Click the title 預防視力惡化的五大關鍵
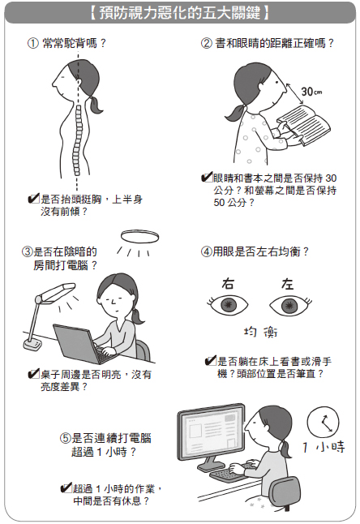tap(180, 14)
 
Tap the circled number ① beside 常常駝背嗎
tap(33, 44)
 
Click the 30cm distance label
tap(311, 91)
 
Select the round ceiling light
tap(139, 237)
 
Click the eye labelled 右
tap(228, 304)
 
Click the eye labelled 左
tap(290, 305)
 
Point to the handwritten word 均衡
tap(260, 332)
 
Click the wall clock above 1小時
tap(323, 422)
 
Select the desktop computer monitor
tap(212, 435)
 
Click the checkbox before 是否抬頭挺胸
tap(33, 199)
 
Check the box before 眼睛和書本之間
tap(207, 177)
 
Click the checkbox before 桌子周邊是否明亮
tap(33, 374)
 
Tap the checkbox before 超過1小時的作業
tap(66, 488)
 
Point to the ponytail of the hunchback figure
tap(95, 105)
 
